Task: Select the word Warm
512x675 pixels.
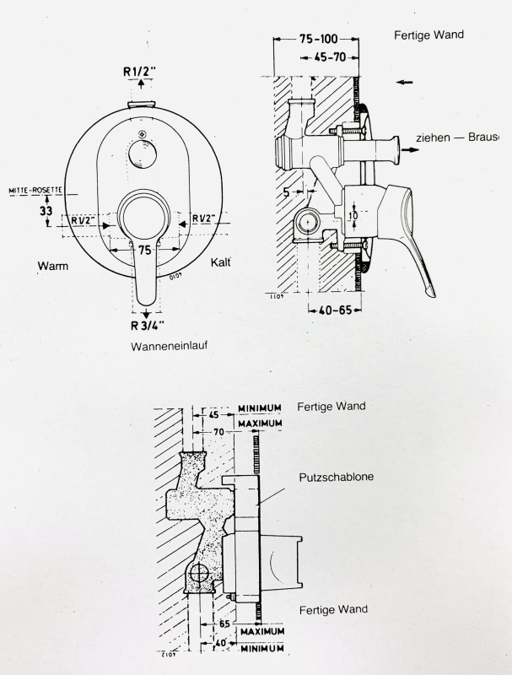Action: coord(52,267)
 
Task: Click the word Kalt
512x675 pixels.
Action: coord(221,263)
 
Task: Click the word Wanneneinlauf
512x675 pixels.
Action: coord(170,346)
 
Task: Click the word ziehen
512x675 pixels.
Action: coord(433,138)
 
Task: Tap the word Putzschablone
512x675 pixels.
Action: coord(337,477)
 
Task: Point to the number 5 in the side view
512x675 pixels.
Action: coord(287,192)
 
